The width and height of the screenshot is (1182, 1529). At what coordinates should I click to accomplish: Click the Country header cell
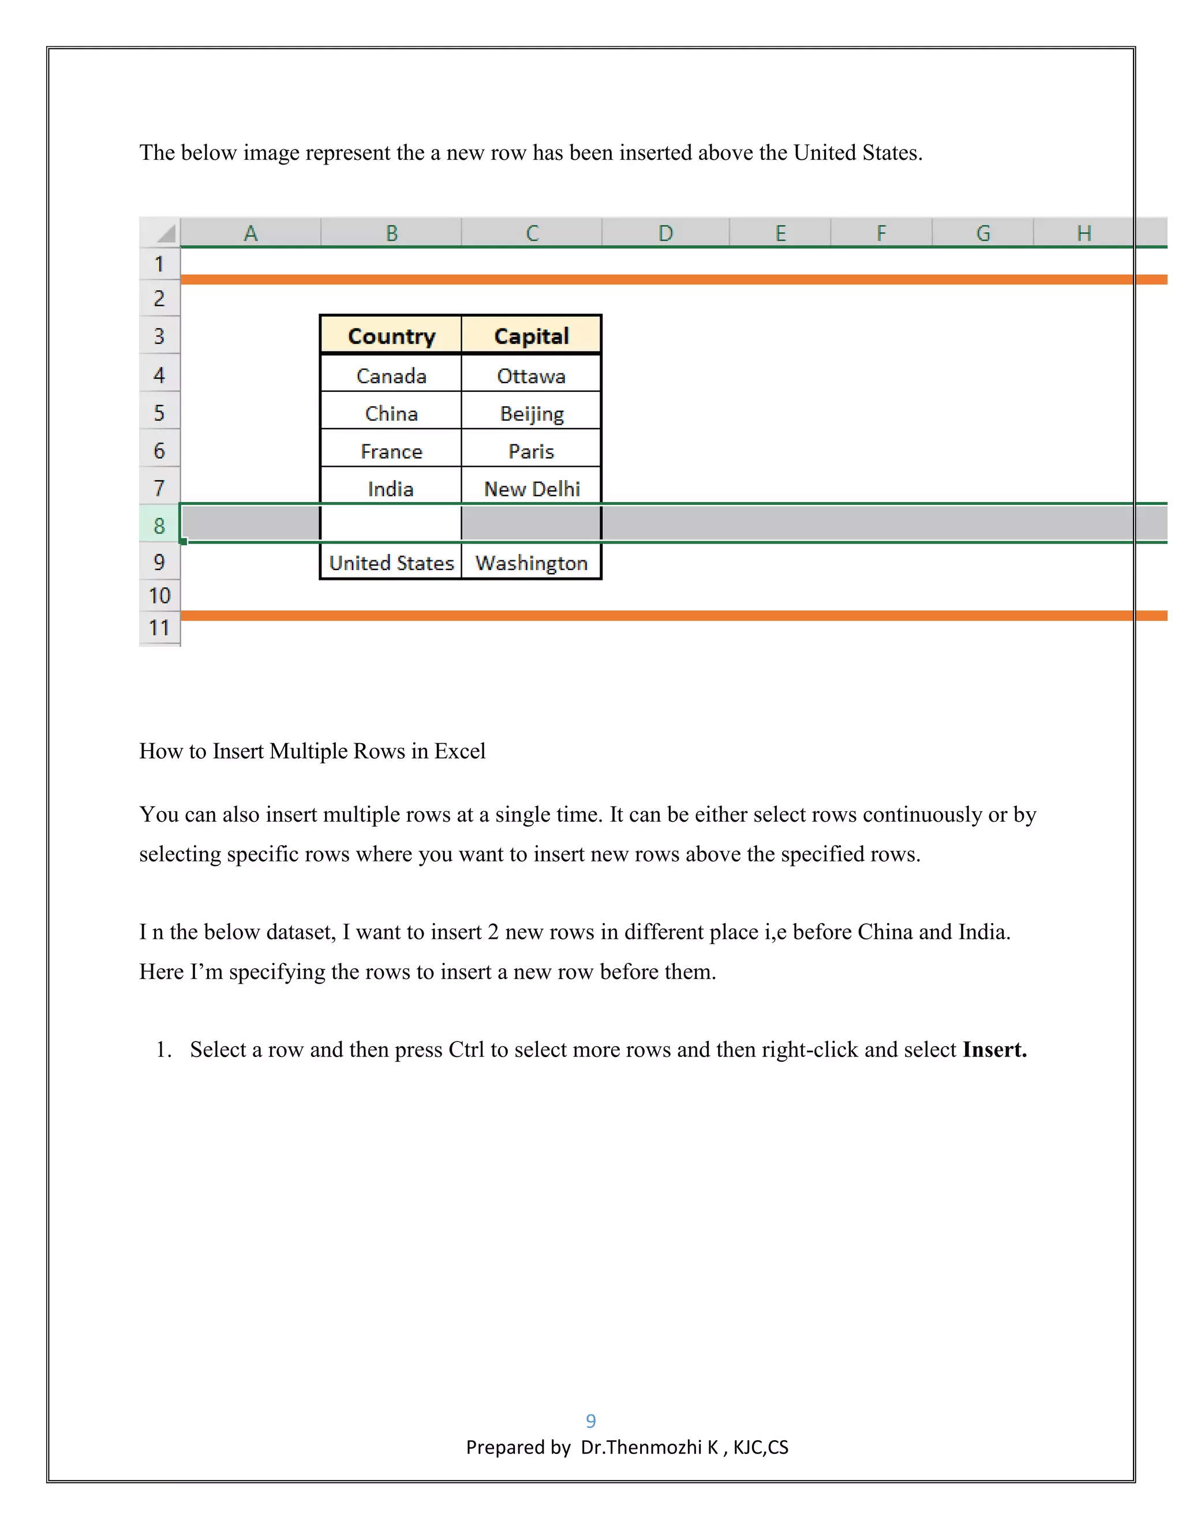coord(391,336)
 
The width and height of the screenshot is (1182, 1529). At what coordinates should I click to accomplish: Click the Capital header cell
coord(531,336)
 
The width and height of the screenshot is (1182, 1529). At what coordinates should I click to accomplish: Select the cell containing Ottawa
coord(531,376)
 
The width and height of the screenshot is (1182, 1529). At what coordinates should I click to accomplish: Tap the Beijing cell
coord(531,413)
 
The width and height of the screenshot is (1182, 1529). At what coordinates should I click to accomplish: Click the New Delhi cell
coord(531,489)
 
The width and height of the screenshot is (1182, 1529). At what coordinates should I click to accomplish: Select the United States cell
coord(391,563)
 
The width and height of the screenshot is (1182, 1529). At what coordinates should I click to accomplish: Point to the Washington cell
coord(531,563)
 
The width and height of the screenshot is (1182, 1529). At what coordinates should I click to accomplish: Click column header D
coord(665,233)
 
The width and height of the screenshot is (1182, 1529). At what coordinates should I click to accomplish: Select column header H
coord(1083,233)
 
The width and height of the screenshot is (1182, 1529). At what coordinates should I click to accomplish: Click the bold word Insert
coord(994,1050)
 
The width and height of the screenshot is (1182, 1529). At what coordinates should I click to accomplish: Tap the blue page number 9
coord(590,1421)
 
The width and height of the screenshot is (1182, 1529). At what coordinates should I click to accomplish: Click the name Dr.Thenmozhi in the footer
coord(641,1447)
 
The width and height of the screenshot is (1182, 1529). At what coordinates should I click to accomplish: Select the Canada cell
coord(391,376)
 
